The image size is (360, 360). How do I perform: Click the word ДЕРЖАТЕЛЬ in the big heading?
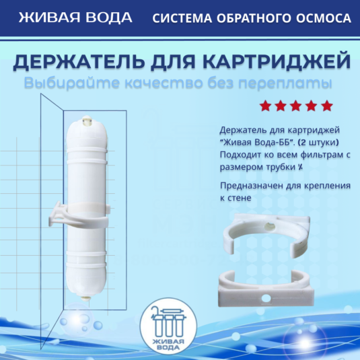pos(79,61)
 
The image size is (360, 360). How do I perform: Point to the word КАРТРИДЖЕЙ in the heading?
pos(277,61)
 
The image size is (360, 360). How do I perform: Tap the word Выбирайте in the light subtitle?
pos(72,83)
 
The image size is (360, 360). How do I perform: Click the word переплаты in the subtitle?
pos(285,83)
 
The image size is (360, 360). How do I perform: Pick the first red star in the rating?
pos(265,106)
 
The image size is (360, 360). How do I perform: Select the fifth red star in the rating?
pos(327,106)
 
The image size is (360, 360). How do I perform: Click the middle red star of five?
pos(296,106)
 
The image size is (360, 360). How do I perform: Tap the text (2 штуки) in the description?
pos(318,143)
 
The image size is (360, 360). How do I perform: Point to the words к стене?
pos(236,198)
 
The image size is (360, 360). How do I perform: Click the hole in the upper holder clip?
pos(270,227)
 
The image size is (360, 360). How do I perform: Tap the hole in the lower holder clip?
pos(266,299)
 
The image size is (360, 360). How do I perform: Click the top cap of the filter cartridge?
pos(87,121)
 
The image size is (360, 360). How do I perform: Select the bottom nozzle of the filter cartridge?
pos(85,298)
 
